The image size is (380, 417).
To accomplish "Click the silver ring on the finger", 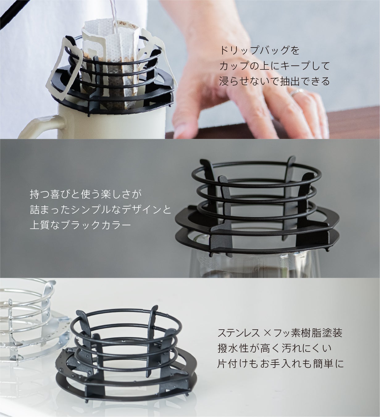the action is (x=297, y=92).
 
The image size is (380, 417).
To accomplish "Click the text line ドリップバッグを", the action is (x=260, y=51).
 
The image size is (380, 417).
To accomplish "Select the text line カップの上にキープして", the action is (x=274, y=66).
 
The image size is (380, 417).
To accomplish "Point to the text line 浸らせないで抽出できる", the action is (x=274, y=81).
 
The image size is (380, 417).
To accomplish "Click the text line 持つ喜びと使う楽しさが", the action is (x=86, y=195).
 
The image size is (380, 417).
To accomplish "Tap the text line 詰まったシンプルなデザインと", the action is (x=101, y=210).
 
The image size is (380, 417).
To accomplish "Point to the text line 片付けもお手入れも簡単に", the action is (x=280, y=364).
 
